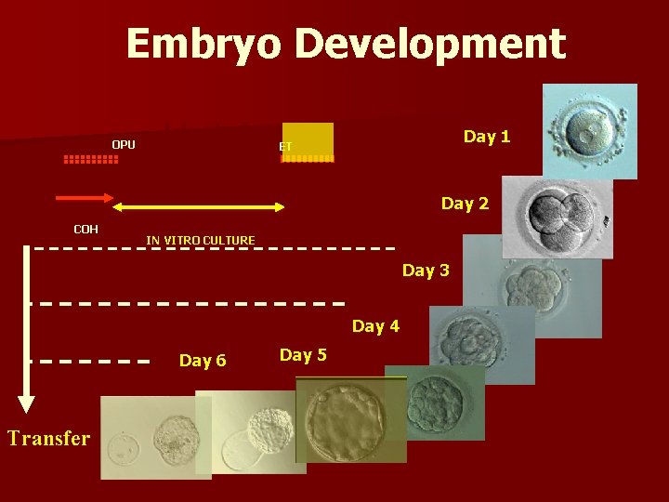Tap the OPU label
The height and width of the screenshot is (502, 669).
[124, 144]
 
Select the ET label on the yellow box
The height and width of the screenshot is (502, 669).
[286, 147]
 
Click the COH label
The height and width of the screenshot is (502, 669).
[86, 229]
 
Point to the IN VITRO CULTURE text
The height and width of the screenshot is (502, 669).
[200, 241]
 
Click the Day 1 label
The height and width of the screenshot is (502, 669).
[487, 137]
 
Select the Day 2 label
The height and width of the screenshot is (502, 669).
[465, 204]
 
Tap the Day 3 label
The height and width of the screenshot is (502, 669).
[426, 271]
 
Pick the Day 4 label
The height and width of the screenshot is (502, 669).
[375, 326]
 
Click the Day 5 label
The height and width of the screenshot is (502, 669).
[303, 355]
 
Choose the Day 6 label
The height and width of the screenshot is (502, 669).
[203, 361]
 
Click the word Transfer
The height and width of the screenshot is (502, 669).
[48, 438]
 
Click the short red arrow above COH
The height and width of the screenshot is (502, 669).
[85, 198]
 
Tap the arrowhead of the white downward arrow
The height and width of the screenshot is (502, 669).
[27, 403]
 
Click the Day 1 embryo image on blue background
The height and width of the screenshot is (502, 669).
[590, 131]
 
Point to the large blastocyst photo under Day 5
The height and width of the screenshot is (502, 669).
[349, 420]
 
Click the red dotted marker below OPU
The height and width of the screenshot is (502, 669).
[91, 160]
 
